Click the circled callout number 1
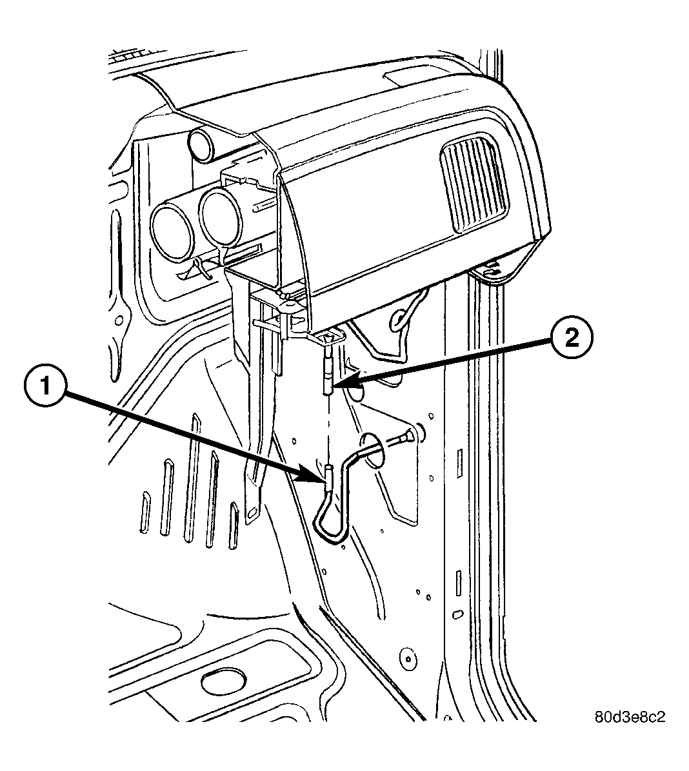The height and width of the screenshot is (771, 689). pyautogui.click(x=45, y=387)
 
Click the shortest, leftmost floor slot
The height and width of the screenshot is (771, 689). pyautogui.click(x=145, y=511)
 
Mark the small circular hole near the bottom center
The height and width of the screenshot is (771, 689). pyautogui.click(x=408, y=658)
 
